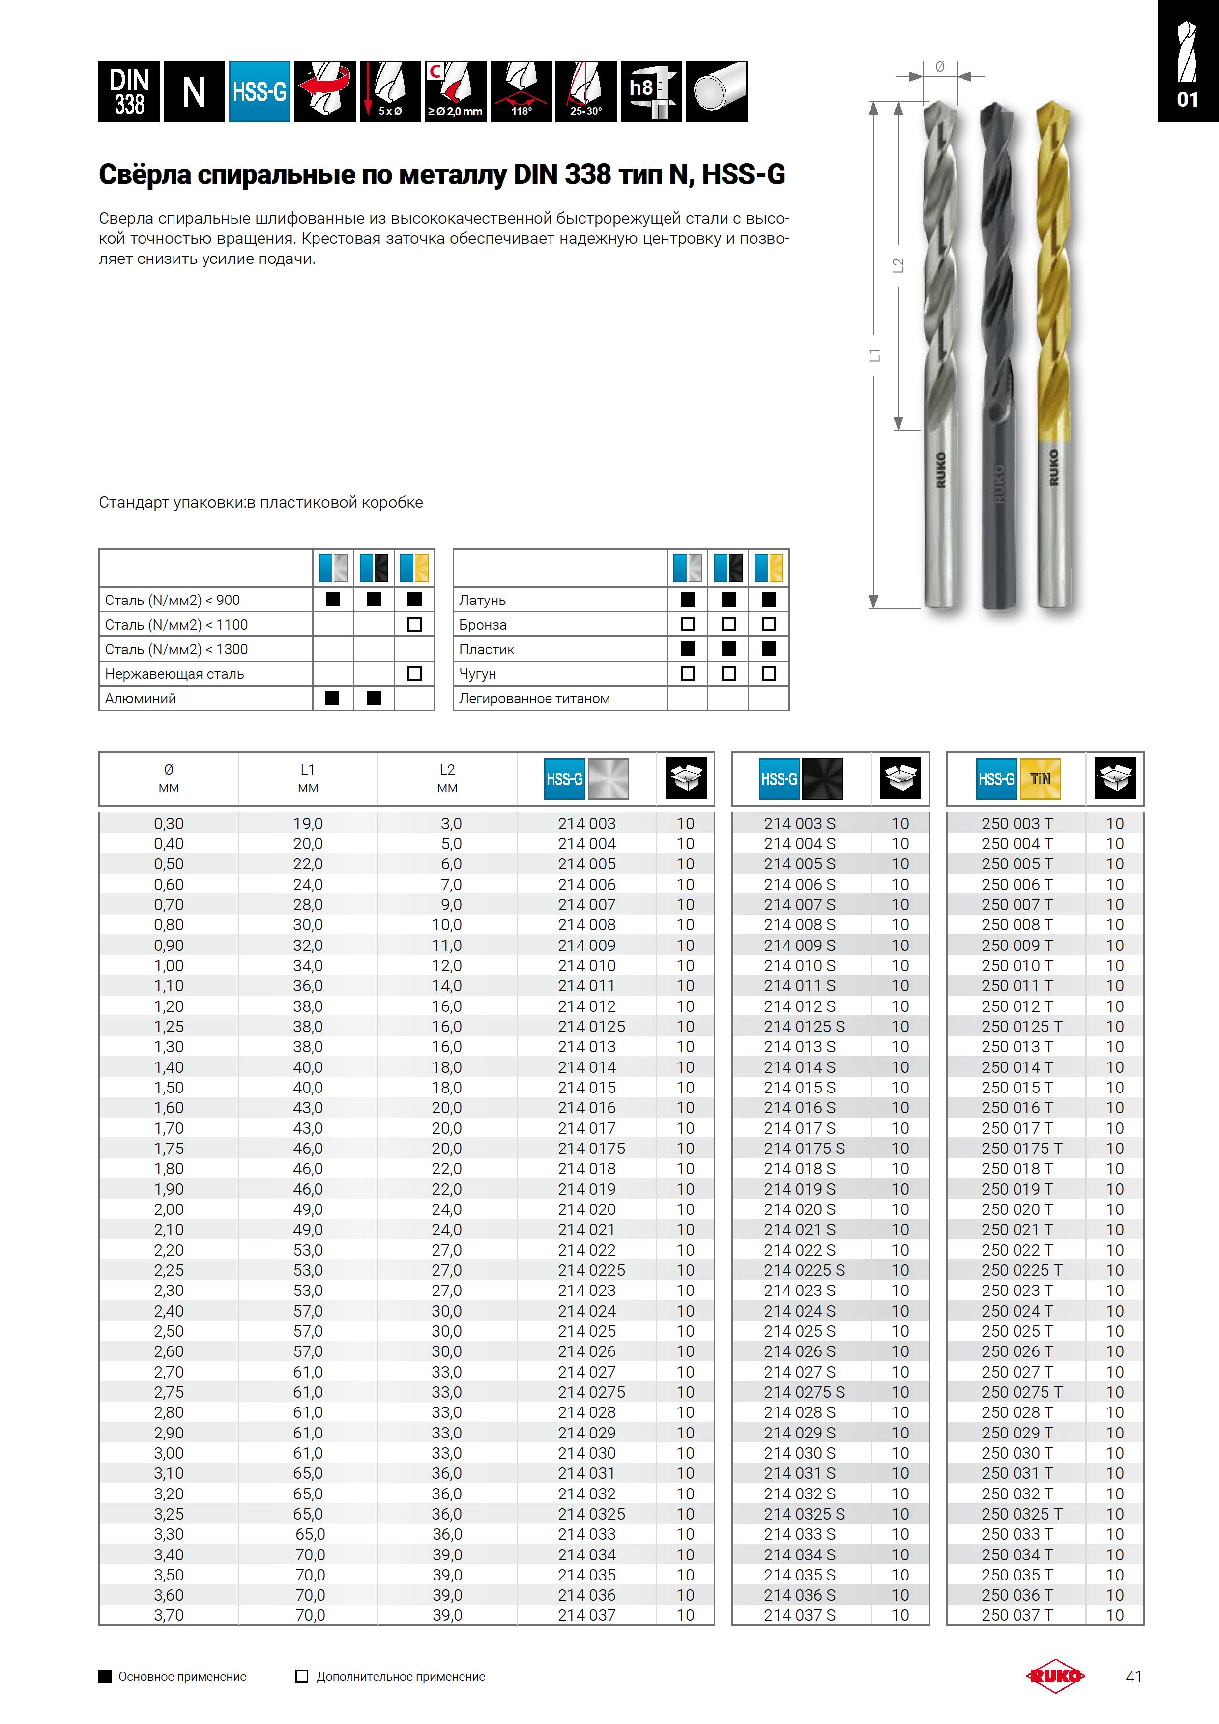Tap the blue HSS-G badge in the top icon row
259,91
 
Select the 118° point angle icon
521,91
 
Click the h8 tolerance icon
650,91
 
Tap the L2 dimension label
899,265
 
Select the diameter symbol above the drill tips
940,67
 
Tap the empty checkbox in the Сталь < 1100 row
414,624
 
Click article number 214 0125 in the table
591,1027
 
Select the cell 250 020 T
1017,1209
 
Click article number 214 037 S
799,1615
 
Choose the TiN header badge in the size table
1040,778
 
